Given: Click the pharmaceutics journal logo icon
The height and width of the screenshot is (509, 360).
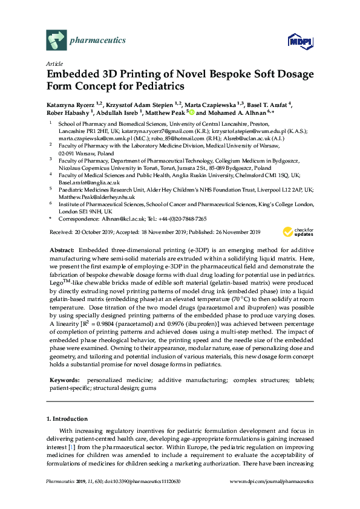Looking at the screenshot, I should (56, 41).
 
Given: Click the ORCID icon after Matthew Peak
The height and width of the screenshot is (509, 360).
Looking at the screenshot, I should (191, 112).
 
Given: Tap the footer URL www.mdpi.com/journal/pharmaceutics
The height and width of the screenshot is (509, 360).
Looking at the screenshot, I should (273, 482).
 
